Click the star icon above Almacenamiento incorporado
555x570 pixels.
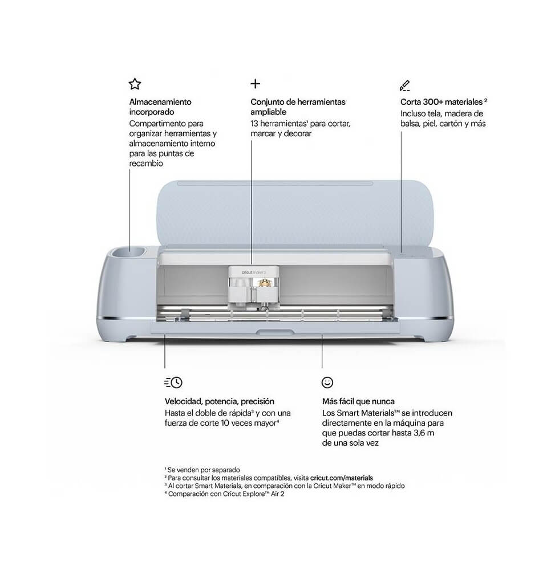135,84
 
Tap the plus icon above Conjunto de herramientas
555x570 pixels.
256,84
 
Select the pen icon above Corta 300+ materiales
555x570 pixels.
405,85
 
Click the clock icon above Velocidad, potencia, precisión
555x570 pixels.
173,382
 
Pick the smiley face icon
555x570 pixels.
327,382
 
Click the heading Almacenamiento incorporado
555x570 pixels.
160,107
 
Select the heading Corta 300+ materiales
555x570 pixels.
444,102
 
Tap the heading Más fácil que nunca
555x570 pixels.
358,401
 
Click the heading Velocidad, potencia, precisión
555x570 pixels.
219,401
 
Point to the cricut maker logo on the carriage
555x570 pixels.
254,272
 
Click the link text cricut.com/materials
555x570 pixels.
342,478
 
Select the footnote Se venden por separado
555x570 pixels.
202,470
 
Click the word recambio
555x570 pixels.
146,164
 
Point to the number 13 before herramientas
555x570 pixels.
254,124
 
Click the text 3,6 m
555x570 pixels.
424,433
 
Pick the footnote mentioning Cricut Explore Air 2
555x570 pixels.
224,494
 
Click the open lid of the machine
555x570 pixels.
295,212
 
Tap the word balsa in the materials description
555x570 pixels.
410,124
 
